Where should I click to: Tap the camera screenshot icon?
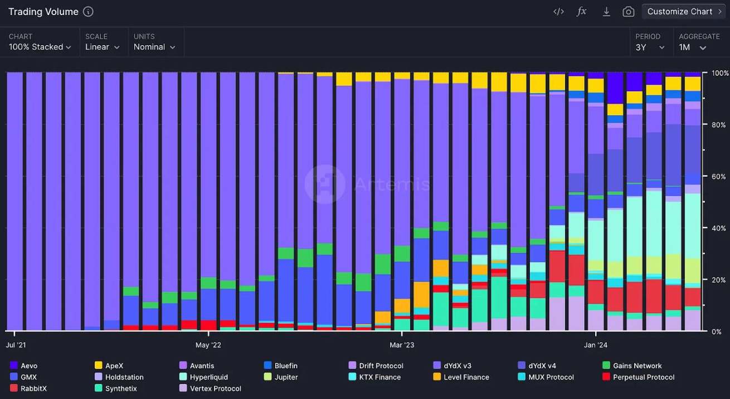629,12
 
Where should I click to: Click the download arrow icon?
606,12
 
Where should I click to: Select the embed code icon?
558,12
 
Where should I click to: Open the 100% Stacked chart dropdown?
40,47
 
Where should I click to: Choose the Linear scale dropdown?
103,47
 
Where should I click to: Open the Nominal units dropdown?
154,47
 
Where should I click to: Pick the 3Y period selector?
650,47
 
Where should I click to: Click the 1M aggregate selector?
693,47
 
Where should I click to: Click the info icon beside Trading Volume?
88,12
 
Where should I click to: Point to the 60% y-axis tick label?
719,177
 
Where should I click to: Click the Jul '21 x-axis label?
16,345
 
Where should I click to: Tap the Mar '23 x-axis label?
402,345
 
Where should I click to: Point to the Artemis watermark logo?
325,184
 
